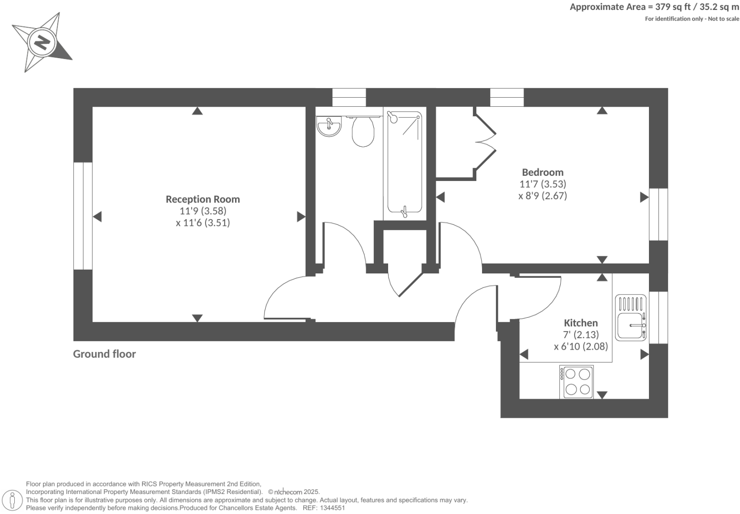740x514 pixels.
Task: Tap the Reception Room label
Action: coord(203,199)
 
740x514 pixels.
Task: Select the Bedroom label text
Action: coord(543,172)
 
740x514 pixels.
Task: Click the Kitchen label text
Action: coord(581,323)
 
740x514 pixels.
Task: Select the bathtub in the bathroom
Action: coord(405,162)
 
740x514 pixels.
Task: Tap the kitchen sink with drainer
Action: coord(630,317)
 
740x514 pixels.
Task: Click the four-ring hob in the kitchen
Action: coord(577,382)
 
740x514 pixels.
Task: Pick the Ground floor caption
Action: coord(104,354)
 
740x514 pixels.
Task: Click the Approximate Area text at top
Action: coord(654,7)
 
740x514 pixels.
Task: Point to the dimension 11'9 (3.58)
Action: coord(203,211)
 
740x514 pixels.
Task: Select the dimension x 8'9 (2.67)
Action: coord(543,196)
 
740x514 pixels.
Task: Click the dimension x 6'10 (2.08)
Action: coord(581,346)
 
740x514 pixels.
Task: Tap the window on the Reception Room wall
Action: coord(82,216)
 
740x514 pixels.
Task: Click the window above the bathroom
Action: coord(349,98)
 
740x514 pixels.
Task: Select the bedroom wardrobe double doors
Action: coord(485,143)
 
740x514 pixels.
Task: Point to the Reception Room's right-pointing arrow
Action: coord(301,217)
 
